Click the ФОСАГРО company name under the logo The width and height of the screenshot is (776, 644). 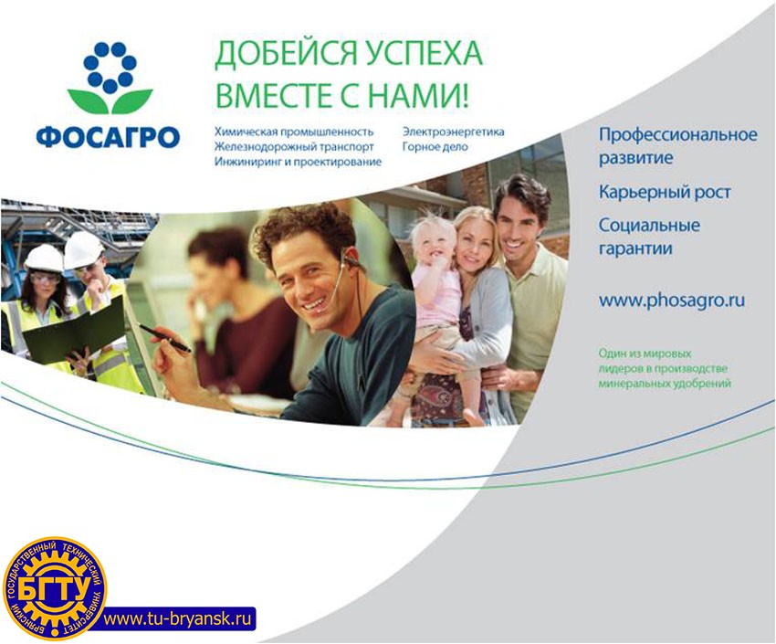pos(109,136)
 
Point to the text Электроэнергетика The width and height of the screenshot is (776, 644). pos(454,132)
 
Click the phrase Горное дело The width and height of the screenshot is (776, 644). pos(435,146)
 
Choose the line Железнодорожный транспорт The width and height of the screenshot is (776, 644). pos(294,147)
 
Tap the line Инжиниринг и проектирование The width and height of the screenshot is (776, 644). pos(298,162)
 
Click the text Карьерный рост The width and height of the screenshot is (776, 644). pos(665,192)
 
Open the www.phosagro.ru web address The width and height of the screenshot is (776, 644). pos(672,301)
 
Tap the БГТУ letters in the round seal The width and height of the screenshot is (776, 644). pos(55,590)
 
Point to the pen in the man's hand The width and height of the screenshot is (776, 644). pos(163,338)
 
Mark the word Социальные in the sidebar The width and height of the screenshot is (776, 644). pos(649,226)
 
